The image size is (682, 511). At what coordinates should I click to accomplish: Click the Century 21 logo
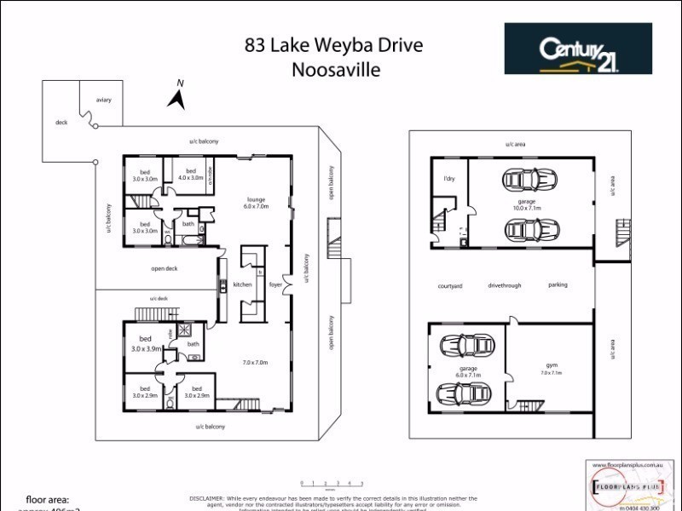click(578, 49)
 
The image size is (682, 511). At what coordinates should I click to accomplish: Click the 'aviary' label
click(104, 100)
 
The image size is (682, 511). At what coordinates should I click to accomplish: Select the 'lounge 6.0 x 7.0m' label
click(256, 202)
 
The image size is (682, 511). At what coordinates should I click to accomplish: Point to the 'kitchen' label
click(242, 284)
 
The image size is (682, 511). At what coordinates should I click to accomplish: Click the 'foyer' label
click(275, 284)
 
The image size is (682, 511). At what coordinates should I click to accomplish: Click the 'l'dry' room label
click(448, 179)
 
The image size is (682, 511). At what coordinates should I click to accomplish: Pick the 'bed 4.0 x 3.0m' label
click(191, 175)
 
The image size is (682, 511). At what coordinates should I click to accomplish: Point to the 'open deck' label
click(164, 268)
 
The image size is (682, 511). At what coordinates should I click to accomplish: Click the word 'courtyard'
click(450, 286)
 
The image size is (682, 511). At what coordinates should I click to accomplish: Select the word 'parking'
click(558, 285)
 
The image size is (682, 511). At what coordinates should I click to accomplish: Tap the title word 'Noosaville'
click(336, 70)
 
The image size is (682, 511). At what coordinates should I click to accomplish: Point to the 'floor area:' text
click(48, 500)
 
